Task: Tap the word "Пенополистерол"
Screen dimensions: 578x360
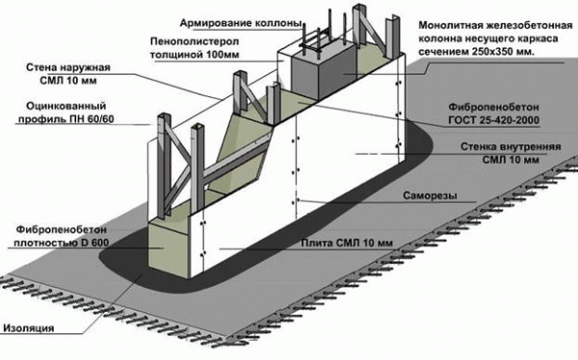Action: (195, 41)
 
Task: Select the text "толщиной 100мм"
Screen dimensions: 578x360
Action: (195, 55)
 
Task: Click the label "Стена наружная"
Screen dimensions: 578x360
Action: (68, 67)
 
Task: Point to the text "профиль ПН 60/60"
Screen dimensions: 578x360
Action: (66, 119)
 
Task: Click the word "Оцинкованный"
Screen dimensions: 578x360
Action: (66, 106)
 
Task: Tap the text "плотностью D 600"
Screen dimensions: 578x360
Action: (62, 244)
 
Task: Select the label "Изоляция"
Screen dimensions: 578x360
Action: (29, 328)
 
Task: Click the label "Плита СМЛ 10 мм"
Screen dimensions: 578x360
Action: (347, 244)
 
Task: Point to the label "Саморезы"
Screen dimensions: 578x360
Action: (430, 195)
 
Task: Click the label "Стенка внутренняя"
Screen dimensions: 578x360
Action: (511, 146)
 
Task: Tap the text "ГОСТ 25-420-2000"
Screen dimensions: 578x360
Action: (493, 120)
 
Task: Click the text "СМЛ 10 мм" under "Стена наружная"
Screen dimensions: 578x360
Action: (68, 81)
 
